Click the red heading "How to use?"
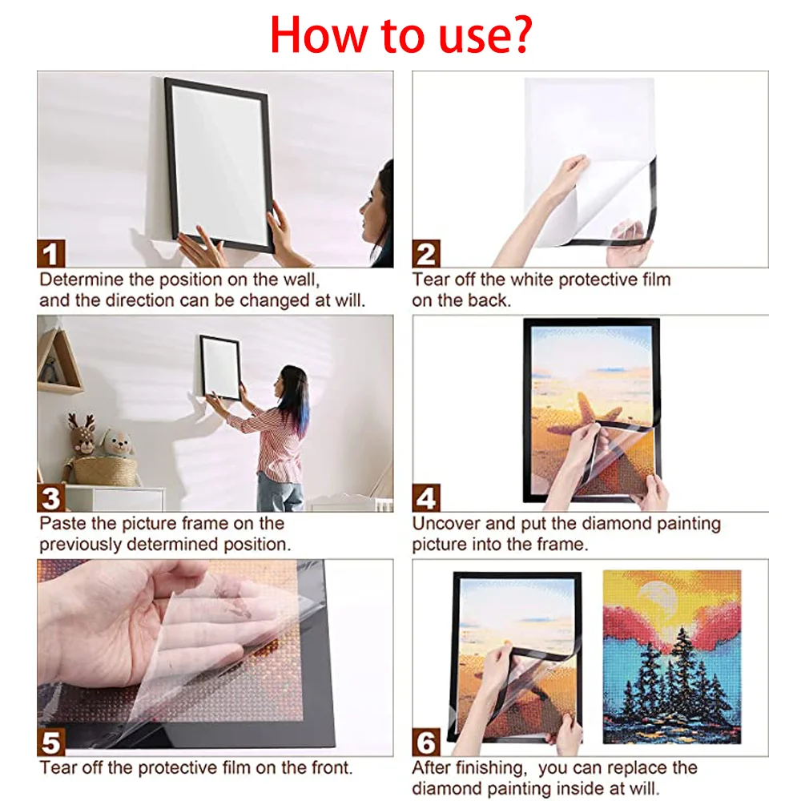tap(401, 34)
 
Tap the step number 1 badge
tap(51, 255)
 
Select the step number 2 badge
tap(426, 255)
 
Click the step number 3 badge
tap(51, 498)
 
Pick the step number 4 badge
tap(426, 498)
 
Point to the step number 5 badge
tap(51, 743)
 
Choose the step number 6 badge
tap(426, 743)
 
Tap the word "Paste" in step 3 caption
tap(61, 524)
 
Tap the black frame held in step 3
tap(220, 367)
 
